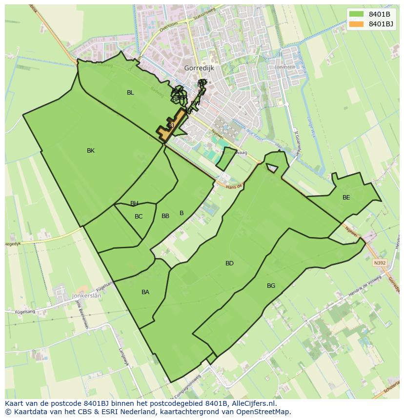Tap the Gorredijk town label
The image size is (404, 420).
coord(200,68)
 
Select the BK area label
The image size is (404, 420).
coord(91,151)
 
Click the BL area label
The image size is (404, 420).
coord(130,93)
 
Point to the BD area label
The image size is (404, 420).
coord(229,263)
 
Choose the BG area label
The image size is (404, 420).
coord(271,286)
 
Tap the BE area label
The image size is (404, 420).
coord(346,198)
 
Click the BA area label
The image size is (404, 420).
coord(145,292)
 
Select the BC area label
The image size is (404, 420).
coord(139,217)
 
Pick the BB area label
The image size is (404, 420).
coord(165,216)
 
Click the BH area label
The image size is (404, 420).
coord(134,203)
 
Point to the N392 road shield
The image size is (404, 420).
coord(380,262)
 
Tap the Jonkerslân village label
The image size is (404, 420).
coord(87,296)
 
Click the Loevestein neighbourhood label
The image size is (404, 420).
coord(285,67)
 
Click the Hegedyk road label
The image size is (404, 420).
coord(14,243)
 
